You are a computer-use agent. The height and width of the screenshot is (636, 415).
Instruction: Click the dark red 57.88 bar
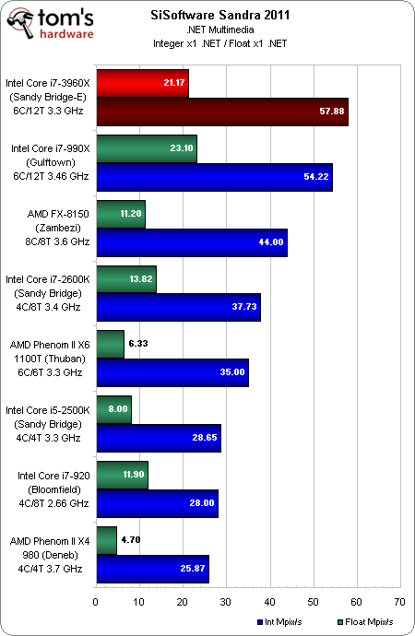(x=221, y=111)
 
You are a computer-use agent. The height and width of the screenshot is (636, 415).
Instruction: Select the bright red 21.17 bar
(x=142, y=83)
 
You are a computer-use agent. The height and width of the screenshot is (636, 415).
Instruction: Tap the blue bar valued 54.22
(x=213, y=176)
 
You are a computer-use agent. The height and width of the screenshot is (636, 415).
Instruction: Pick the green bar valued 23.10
(x=146, y=148)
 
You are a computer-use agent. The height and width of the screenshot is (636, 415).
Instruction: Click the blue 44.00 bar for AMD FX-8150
(x=191, y=241)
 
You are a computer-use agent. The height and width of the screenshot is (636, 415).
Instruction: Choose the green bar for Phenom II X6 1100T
(x=110, y=345)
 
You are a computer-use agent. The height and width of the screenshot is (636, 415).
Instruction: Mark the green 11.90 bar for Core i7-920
(x=122, y=475)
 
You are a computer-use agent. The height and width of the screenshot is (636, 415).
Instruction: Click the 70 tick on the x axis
(x=399, y=604)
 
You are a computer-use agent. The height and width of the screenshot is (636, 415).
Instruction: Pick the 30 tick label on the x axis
(x=225, y=604)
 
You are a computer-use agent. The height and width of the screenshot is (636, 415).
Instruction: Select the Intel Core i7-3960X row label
(x=48, y=97)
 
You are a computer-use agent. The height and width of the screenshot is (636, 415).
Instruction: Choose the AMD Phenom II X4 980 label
(x=48, y=554)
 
